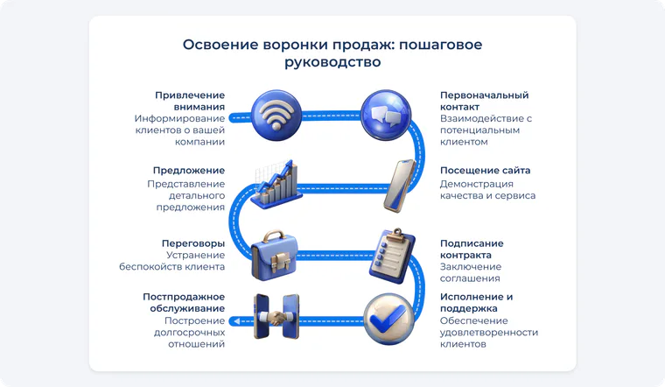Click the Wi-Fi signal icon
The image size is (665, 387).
[x=276, y=116]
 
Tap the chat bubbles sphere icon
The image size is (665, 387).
[x=386, y=115]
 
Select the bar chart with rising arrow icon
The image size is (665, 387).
[x=276, y=184]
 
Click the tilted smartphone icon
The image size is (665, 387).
[x=400, y=186]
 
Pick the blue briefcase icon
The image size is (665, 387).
[x=275, y=255]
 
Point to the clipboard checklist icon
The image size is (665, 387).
[x=392, y=256]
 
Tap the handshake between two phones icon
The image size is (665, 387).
[x=276, y=316]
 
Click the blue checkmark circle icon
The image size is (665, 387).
[x=388, y=319]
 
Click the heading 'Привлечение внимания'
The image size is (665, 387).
[x=190, y=101]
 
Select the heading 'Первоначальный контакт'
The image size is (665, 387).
[x=485, y=101]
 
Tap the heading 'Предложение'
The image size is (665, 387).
[x=189, y=170]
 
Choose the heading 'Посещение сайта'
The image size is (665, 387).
[x=485, y=170]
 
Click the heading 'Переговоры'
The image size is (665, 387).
[x=193, y=243]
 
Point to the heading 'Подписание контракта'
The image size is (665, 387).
[x=472, y=249]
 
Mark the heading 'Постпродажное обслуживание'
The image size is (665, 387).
[x=184, y=303]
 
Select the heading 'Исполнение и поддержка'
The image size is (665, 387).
[x=476, y=303]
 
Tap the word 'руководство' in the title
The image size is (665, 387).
[x=332, y=62]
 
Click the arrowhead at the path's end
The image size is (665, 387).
[x=236, y=321]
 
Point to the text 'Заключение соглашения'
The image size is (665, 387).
[x=471, y=272]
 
